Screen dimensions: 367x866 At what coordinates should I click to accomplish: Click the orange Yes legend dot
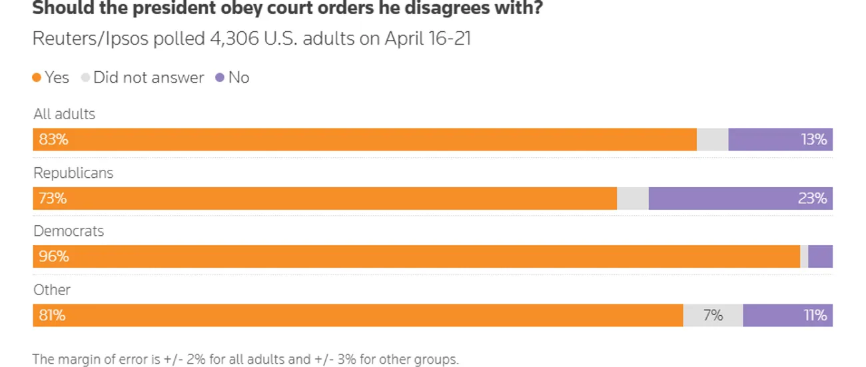tap(37, 78)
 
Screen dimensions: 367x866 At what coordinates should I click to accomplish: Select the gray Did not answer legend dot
tap(85, 78)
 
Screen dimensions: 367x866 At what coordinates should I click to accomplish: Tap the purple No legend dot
tap(220, 78)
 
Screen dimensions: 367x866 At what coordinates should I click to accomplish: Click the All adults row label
tap(64, 114)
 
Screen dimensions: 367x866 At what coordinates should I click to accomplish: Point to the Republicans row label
tap(73, 173)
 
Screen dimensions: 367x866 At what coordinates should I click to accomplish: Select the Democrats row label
tap(69, 231)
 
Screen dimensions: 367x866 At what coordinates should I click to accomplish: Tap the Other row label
tap(52, 290)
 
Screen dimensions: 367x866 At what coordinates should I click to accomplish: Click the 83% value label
tap(53, 140)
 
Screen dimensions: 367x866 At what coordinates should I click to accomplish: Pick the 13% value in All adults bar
tap(813, 140)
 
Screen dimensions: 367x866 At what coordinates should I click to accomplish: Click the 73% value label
tap(53, 198)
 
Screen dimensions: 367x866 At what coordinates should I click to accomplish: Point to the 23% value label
tap(813, 198)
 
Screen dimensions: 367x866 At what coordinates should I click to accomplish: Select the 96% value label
tap(53, 256)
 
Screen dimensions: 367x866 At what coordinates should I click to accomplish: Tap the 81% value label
tap(52, 315)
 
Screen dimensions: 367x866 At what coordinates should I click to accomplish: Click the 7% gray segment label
tap(713, 315)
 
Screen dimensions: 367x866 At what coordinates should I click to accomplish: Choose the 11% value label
tap(815, 315)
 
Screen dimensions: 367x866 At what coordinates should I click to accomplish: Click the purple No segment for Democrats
tap(820, 256)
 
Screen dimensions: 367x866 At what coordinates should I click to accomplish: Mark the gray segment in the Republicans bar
tap(632, 198)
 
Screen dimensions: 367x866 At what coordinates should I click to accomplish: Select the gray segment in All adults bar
tap(712, 140)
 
